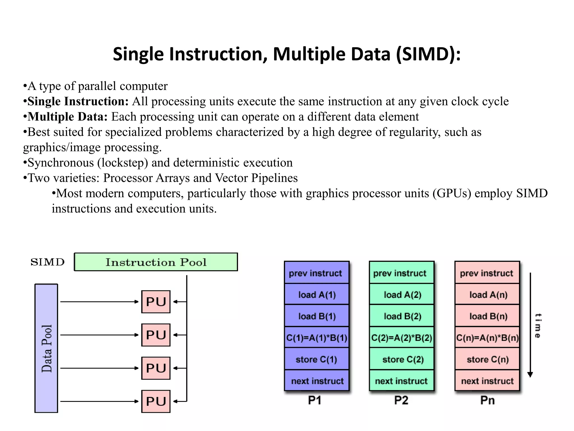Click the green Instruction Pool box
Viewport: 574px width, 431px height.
pyautogui.click(x=156, y=262)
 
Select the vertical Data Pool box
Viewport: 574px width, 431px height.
pyautogui.click(x=46, y=348)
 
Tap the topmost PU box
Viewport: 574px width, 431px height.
pyautogui.click(x=156, y=302)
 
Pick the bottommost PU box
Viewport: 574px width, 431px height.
pyautogui.click(x=156, y=401)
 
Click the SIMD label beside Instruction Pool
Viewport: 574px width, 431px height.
pyautogui.click(x=47, y=262)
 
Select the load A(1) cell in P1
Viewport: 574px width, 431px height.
pyautogui.click(x=317, y=295)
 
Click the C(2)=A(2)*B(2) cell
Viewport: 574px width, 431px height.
pyautogui.click(x=402, y=338)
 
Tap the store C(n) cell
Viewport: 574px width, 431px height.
pyautogui.click(x=487, y=359)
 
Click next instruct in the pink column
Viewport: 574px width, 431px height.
pyautogui.click(x=487, y=381)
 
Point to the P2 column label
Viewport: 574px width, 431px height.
pyautogui.click(x=401, y=400)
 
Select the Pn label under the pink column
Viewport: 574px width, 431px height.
pyautogui.click(x=487, y=400)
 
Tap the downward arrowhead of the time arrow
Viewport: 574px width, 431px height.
pyautogui.click(x=530, y=374)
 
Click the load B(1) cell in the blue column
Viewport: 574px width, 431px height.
pyautogui.click(x=317, y=316)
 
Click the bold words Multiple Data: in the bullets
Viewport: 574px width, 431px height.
pyautogui.click(x=67, y=117)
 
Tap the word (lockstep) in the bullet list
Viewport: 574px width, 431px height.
pyautogui.click(x=122, y=163)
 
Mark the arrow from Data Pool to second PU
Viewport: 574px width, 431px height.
pyautogui.click(x=99, y=335)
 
